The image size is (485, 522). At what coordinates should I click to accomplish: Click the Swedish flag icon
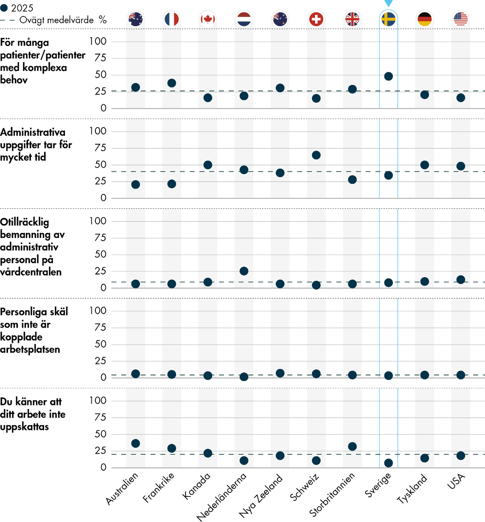388,19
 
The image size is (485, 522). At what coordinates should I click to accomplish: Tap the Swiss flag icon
316,19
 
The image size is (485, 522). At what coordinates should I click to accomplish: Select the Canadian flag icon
208,19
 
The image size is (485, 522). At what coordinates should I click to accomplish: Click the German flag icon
424,19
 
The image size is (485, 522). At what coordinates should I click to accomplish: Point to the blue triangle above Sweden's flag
388,3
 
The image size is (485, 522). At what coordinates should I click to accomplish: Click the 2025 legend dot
4,8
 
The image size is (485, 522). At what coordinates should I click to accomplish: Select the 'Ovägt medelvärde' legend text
56,20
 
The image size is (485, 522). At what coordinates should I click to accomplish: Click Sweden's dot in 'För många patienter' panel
388,76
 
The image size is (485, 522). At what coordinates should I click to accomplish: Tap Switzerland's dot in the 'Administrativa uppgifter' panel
316,155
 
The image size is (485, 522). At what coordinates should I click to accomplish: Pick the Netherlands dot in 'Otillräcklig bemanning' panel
244,271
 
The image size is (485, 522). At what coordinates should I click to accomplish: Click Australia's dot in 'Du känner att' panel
135,443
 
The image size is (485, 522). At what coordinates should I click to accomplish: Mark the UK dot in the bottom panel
352,447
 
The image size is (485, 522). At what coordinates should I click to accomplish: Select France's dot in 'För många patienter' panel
172,83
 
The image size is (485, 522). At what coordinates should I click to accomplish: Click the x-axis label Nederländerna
222,497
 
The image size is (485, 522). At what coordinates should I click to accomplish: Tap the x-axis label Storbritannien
332,494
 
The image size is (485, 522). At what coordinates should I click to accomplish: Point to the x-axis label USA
457,481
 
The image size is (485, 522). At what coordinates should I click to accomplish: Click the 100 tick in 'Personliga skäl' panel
98,311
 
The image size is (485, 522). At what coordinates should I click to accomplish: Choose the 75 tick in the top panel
100,58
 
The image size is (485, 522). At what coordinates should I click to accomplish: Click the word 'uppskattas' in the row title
24,427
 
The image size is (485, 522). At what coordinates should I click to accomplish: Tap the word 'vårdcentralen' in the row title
31,272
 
